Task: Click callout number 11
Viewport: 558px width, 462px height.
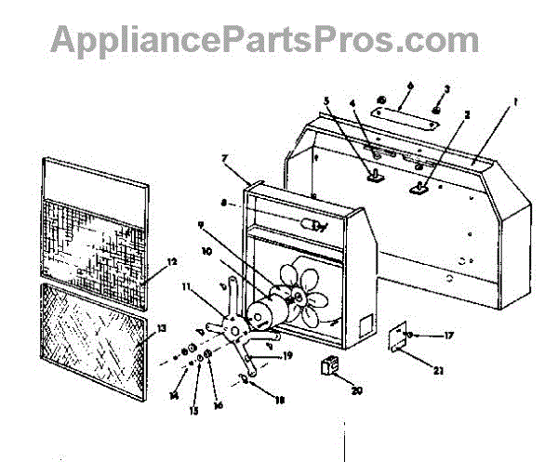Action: pos(186,288)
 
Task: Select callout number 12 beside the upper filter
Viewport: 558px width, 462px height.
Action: pos(170,265)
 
